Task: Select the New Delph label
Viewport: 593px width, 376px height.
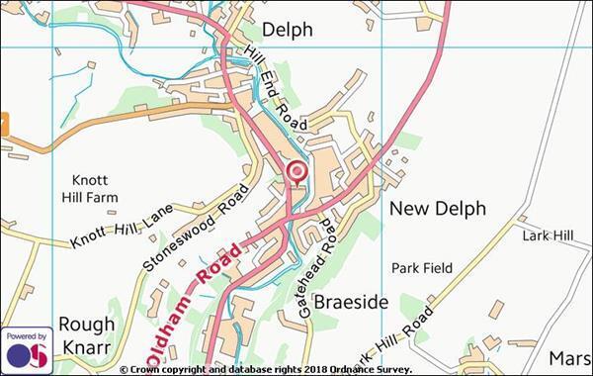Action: pos(437,209)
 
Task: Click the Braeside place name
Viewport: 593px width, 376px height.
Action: pos(351,301)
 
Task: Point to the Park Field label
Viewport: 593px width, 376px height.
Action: pos(422,268)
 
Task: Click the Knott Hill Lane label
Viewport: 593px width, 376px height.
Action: pos(121,227)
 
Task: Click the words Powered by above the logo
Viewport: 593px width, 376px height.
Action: pos(27,335)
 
